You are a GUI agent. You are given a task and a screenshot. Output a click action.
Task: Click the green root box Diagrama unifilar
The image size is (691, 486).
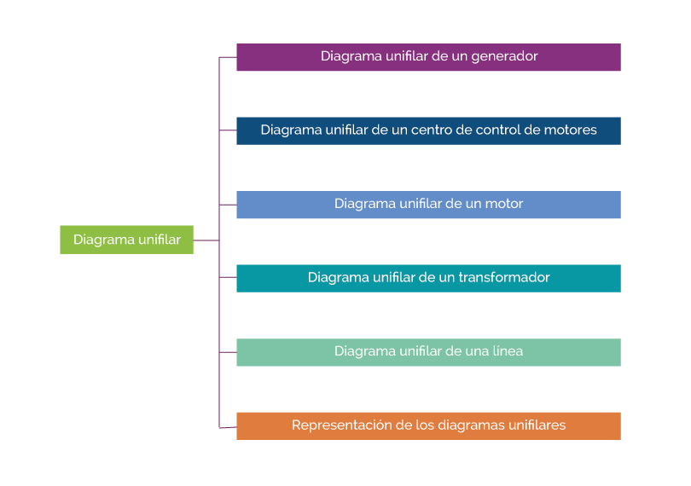126,240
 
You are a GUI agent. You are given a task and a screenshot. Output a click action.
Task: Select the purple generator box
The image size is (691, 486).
428,57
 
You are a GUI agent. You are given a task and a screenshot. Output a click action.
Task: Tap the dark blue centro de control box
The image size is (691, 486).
428,130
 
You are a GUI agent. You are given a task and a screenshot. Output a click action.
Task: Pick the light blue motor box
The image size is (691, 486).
428,205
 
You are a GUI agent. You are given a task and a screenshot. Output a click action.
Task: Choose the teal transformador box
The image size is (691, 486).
428,278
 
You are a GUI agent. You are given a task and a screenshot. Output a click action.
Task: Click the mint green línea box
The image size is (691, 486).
428,352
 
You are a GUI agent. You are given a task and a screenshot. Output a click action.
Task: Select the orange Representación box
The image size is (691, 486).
428,425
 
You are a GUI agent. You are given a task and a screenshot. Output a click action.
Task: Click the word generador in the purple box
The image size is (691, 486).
502,56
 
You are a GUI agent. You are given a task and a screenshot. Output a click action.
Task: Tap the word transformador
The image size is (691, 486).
504,278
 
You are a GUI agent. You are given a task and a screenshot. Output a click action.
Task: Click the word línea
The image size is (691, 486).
504,351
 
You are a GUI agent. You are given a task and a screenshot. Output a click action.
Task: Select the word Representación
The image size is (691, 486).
340,425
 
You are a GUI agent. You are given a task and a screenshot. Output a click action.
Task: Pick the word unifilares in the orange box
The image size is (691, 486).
537,425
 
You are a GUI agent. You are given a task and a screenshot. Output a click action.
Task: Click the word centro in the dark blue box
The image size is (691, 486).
433,130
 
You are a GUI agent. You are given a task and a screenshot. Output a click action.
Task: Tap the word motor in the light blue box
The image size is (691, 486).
503,205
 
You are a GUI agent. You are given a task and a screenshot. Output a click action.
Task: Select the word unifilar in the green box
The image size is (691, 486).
160,240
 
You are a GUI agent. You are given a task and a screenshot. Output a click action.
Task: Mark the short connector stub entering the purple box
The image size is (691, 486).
228,57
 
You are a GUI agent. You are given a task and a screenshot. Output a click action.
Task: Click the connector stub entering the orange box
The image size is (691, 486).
228,426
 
